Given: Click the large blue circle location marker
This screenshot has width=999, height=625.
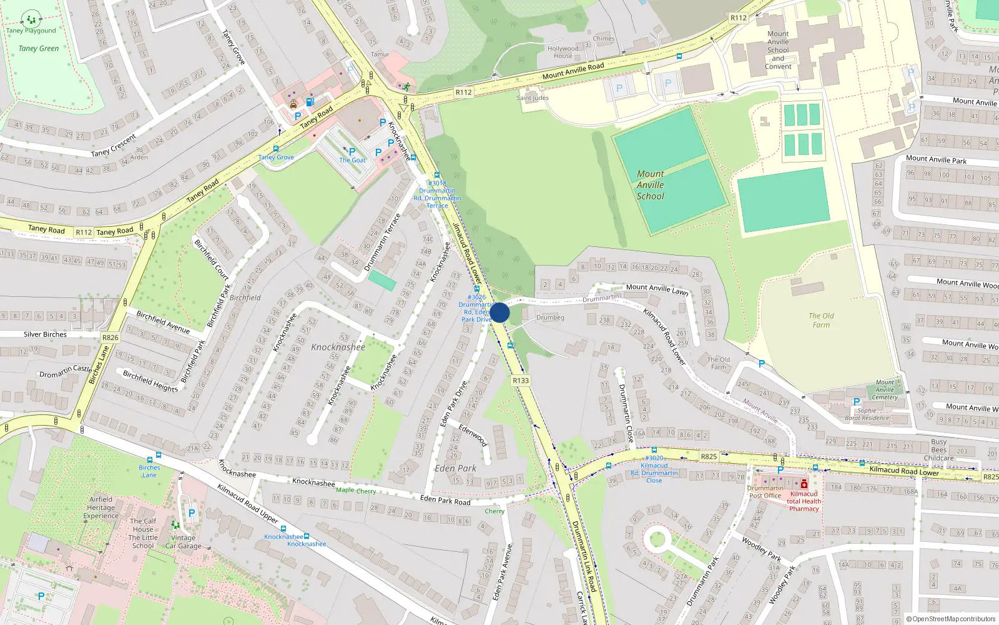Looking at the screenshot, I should pos(499,312).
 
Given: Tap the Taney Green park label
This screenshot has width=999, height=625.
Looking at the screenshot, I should pos(39,49).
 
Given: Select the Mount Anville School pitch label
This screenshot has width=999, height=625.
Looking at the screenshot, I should pos(650,185).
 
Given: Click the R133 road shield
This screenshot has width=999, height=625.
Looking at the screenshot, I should pos(520,380).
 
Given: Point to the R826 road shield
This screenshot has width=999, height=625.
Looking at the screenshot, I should pos(110,337).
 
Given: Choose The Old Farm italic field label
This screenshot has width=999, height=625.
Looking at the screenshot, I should pos(821,320).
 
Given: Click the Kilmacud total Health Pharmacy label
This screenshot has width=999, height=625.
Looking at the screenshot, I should pos(804,501).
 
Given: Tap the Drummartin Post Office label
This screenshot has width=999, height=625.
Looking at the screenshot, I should pos(765,492).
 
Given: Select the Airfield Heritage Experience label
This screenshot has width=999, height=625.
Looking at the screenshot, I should pos(101,507).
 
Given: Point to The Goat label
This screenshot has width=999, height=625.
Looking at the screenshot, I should pos(352,160).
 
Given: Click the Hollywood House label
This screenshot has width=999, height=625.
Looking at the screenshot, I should pos(563,52).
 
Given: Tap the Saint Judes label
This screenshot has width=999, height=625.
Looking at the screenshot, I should pos(533,97).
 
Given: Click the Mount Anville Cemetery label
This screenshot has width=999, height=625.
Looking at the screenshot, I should pos(885,389).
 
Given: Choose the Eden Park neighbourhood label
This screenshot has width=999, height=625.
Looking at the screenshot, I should pos(455,468).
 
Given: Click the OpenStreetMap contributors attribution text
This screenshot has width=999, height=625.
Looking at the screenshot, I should pos(951,619).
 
